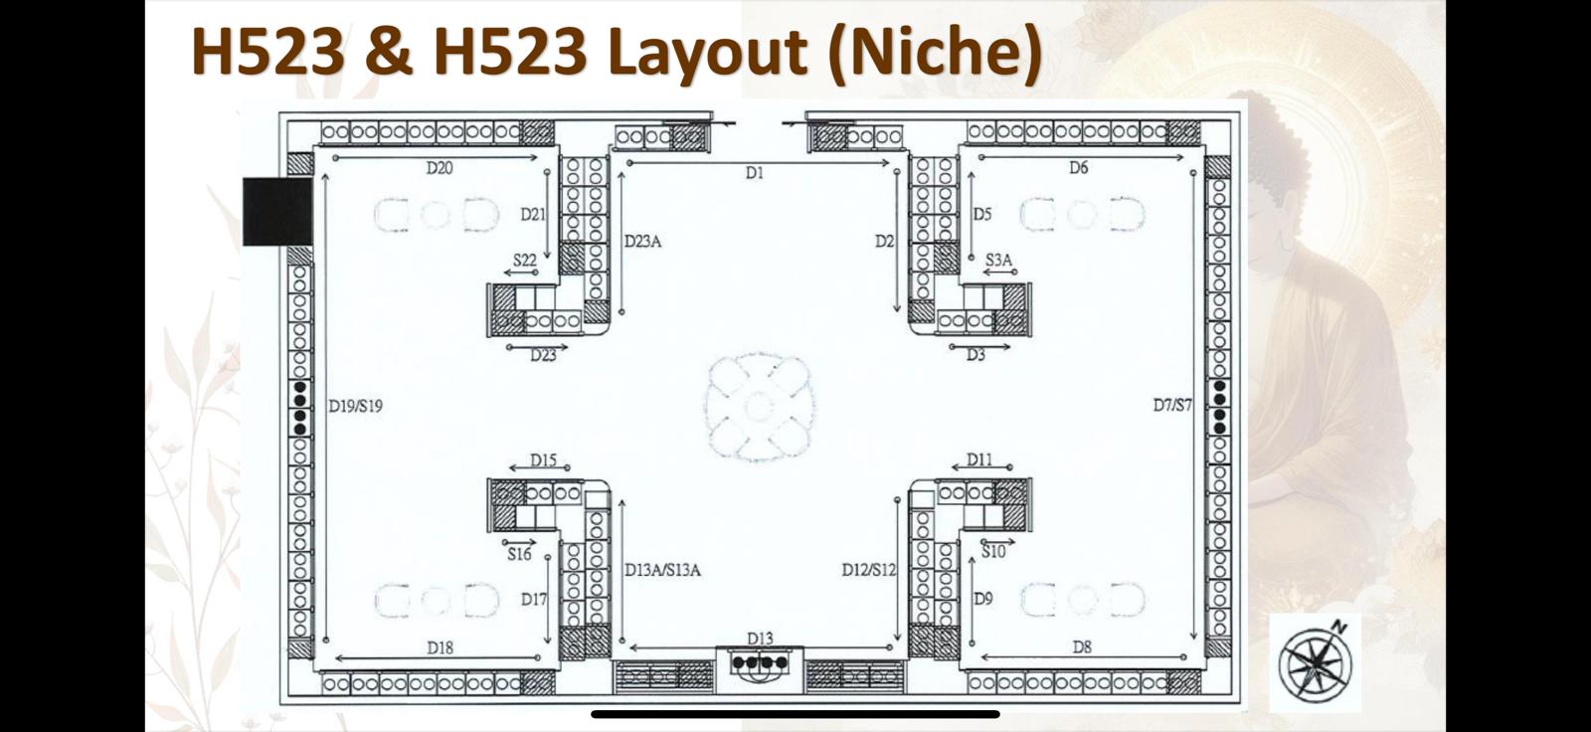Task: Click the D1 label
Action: [755, 173]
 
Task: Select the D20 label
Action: [439, 168]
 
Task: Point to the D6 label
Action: [1078, 168]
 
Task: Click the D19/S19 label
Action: [355, 406]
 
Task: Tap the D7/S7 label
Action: [1172, 405]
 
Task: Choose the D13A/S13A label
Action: [662, 570]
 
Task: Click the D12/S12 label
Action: [869, 569]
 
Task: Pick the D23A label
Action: [642, 242]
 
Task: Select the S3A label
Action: [998, 261]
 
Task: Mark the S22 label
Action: [525, 261]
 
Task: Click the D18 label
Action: [440, 648]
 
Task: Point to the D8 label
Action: [1082, 647]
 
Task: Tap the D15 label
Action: [543, 460]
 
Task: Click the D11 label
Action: [979, 459]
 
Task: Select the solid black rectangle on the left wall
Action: [277, 212]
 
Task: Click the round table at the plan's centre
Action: [759, 407]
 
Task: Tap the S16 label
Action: [519, 554]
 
